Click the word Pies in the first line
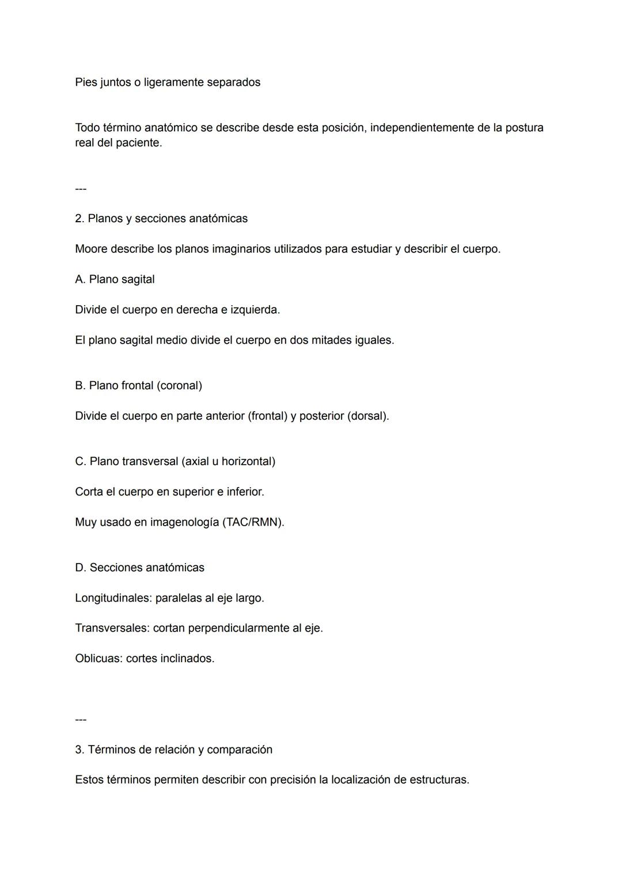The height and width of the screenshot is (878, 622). (86, 82)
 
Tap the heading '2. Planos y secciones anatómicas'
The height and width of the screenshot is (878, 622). (161, 219)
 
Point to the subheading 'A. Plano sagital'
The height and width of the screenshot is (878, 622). (115, 279)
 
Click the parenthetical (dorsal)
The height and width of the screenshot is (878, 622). (368, 416)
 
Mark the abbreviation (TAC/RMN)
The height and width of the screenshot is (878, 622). (253, 522)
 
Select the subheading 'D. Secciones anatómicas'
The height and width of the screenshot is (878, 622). (139, 568)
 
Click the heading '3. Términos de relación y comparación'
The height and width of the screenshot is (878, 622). (173, 750)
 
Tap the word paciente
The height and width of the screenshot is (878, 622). (138, 143)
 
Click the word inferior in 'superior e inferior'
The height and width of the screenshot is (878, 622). (245, 492)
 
